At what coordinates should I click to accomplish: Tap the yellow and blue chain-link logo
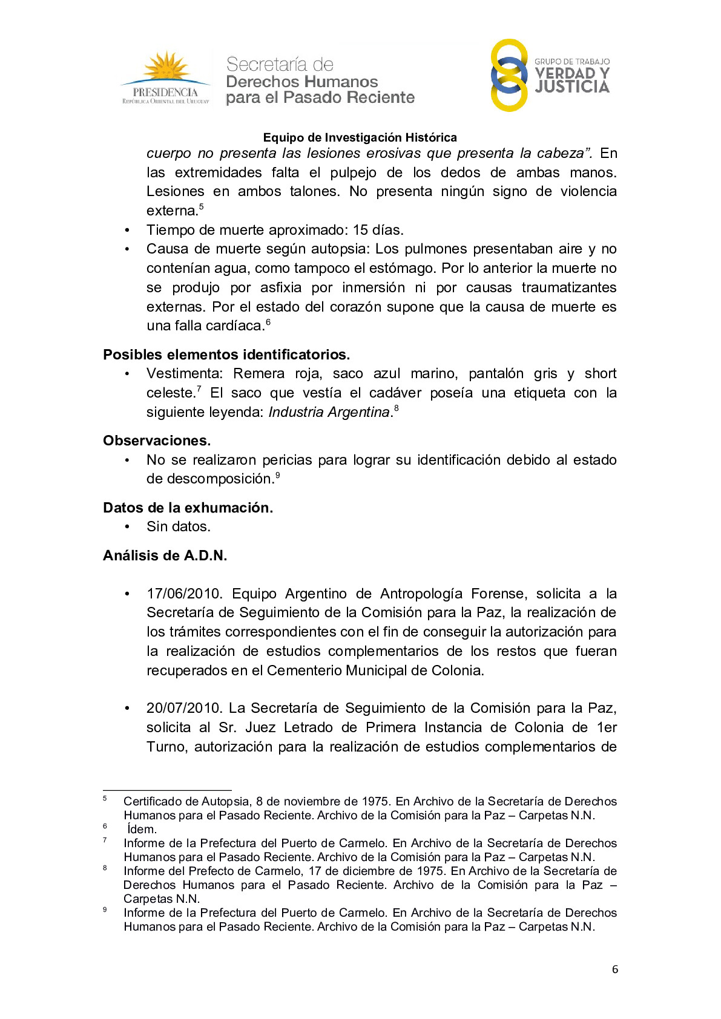[509, 76]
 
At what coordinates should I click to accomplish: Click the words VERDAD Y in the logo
[571, 73]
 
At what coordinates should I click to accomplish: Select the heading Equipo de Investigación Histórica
[360, 137]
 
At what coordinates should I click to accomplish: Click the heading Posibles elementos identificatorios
[226, 355]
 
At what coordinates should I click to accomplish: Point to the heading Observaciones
[157, 441]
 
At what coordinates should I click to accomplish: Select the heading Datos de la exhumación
[188, 508]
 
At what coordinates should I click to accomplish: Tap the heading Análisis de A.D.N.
[165, 555]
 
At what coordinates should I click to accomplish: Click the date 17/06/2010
[185, 594]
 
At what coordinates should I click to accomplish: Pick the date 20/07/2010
[185, 708]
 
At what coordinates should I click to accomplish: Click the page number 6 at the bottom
[615, 969]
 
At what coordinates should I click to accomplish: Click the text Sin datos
[179, 526]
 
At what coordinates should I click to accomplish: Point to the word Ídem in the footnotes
[142, 829]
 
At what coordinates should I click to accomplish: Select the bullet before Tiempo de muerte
[127, 231]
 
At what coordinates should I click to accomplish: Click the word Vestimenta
[185, 373]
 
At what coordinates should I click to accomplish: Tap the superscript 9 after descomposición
[277, 475]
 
